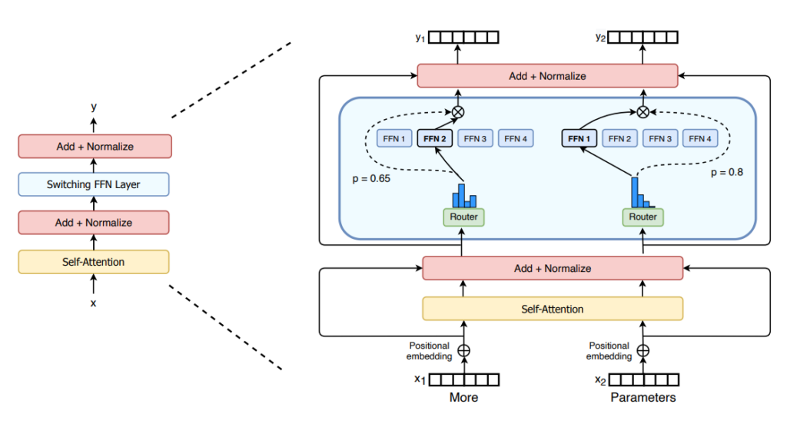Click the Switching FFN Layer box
[94, 184]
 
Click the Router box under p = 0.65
[463, 217]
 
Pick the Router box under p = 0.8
[643, 217]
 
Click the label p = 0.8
[726, 173]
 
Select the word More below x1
[463, 398]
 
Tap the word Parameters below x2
[643, 398]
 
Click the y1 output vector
[463, 37]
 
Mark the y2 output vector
[643, 37]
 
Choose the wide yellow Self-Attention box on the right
[553, 309]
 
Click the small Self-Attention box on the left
[94, 262]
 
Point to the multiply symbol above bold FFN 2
[458, 112]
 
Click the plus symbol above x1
[463, 351]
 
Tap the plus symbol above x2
[643, 351]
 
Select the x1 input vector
[463, 379]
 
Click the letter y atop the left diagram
[94, 106]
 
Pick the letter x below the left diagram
[94, 303]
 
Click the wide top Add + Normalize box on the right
[547, 76]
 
